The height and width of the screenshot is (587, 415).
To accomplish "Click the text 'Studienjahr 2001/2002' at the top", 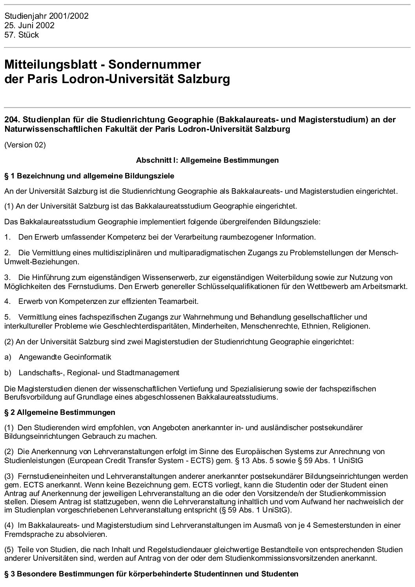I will [x=46, y=16].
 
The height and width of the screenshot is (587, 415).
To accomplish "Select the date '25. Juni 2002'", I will [x=29, y=25].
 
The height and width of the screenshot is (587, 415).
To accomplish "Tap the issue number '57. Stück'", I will [x=22, y=35].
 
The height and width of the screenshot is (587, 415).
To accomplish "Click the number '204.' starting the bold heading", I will [x=11, y=120].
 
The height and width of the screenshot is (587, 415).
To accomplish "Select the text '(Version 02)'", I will [x=25, y=145].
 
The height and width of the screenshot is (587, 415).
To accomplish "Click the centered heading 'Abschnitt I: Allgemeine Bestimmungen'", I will [x=207, y=160].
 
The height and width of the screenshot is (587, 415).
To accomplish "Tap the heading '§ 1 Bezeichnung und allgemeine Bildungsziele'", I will [x=89, y=176].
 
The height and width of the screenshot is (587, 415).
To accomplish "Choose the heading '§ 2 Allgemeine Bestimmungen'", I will [x=60, y=412].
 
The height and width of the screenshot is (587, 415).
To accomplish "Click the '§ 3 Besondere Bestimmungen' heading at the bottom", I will [x=151, y=574].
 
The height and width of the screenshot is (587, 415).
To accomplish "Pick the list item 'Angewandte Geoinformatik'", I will [x=65, y=357].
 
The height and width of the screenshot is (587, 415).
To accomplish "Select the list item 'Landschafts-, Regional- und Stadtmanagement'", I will [x=99, y=373].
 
